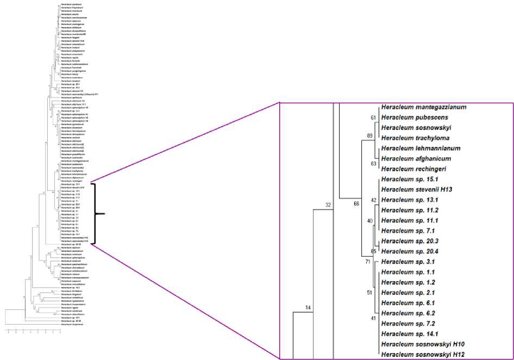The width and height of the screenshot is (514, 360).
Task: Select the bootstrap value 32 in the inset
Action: click(x=328, y=205)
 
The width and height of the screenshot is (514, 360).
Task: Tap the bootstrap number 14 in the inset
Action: click(x=308, y=308)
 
